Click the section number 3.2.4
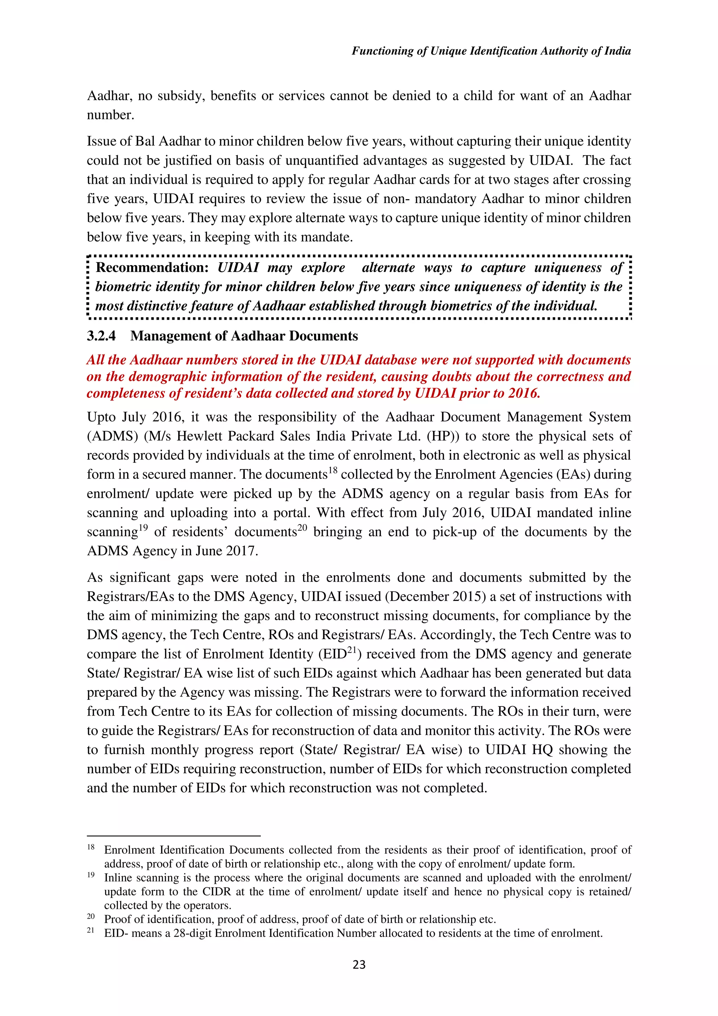point(101,336)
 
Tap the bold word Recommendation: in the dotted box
point(152,268)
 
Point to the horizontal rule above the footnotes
point(174,836)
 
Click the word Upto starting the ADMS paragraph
point(101,417)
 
